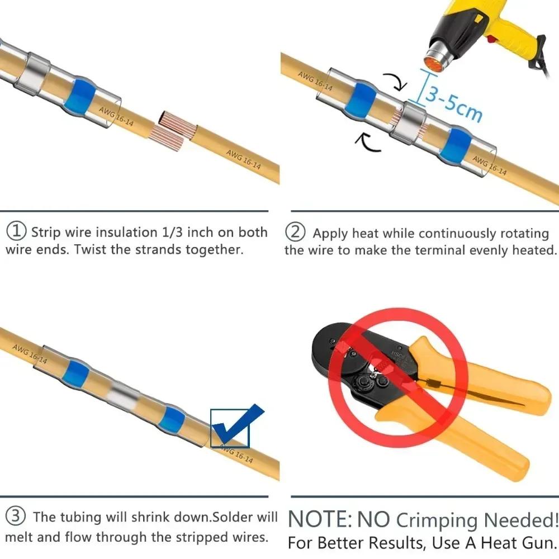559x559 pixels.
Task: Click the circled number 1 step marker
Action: [17, 231]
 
